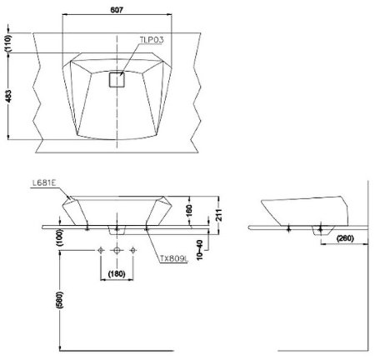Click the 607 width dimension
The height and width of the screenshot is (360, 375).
pos(117,10)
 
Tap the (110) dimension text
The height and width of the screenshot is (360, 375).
pos(8,43)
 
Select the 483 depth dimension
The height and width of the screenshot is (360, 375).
pos(8,96)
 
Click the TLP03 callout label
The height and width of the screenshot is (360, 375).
pos(152,40)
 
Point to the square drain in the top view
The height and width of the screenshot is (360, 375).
pos(117,80)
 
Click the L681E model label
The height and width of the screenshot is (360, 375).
pos(44,183)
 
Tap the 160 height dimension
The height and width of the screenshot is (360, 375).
pos(189,211)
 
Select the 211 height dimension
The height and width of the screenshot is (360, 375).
pos(219,215)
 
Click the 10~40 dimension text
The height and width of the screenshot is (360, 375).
pos(199,250)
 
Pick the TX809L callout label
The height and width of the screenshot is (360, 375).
pos(174,259)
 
